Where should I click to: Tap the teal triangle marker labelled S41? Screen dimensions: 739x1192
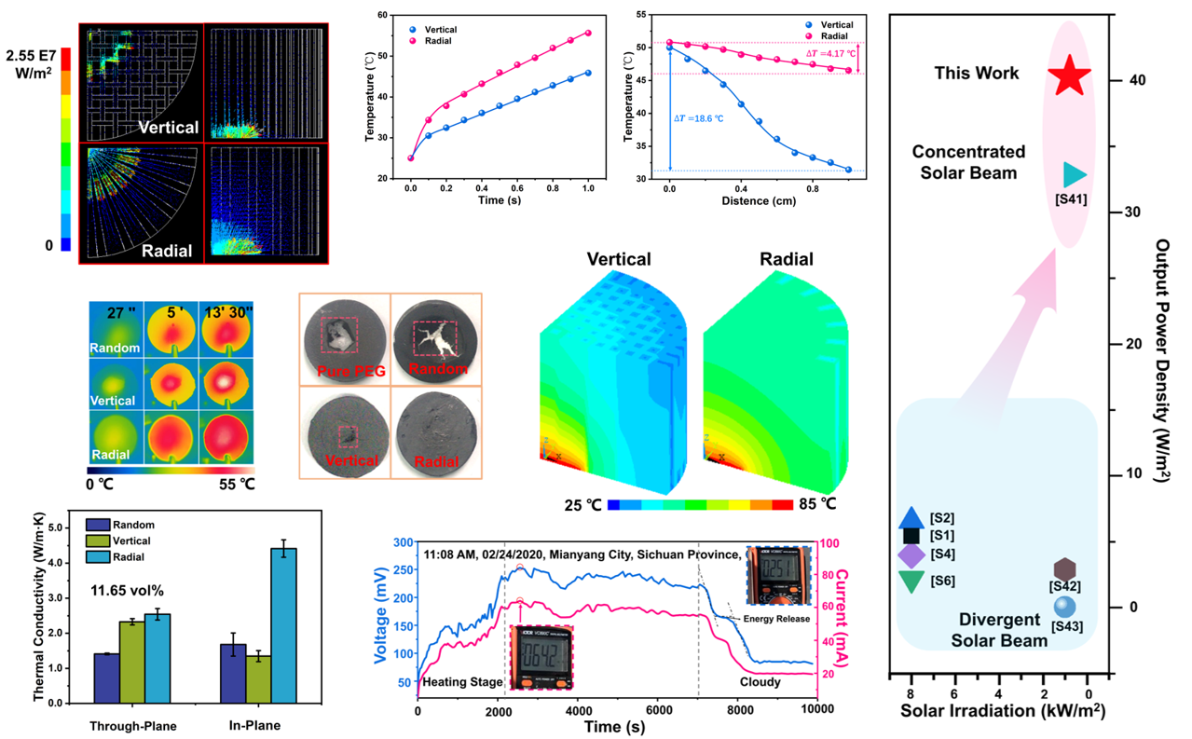pyautogui.click(x=1074, y=175)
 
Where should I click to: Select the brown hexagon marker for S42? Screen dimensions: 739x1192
pyautogui.click(x=1065, y=568)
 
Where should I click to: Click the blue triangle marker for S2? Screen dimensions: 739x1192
pyautogui.click(x=912, y=518)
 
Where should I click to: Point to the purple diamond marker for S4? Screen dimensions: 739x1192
pyautogui.click(x=911, y=554)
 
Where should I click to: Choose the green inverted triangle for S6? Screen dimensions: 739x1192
pyautogui.click(x=911, y=582)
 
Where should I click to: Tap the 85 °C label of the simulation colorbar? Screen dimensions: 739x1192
pyautogui.click(x=816, y=504)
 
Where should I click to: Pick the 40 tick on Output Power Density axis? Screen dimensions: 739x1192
pyautogui.click(x=1127, y=81)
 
